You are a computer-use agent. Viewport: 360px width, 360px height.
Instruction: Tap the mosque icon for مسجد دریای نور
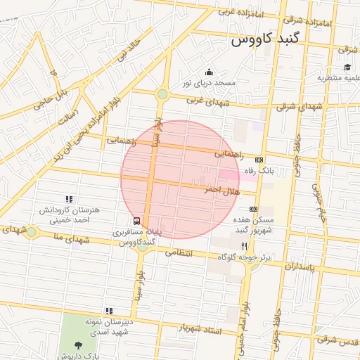[x=209, y=72]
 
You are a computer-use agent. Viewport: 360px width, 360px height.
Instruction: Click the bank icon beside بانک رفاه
[x=259, y=160]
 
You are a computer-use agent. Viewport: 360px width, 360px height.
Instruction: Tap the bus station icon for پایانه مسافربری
[x=136, y=220]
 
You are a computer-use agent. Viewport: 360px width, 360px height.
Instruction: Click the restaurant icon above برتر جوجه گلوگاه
[x=244, y=246]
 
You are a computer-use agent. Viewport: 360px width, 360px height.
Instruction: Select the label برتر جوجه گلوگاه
[x=244, y=258]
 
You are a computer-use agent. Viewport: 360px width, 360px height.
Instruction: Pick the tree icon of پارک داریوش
[x=77, y=345]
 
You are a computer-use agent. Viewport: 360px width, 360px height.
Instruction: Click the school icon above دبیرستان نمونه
[x=109, y=310]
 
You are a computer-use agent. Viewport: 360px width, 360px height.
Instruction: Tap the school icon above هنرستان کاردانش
[x=69, y=200]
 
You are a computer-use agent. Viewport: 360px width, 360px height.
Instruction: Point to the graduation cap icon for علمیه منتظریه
[x=347, y=67]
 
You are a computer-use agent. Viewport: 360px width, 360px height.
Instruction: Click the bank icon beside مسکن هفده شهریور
[x=253, y=209]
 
